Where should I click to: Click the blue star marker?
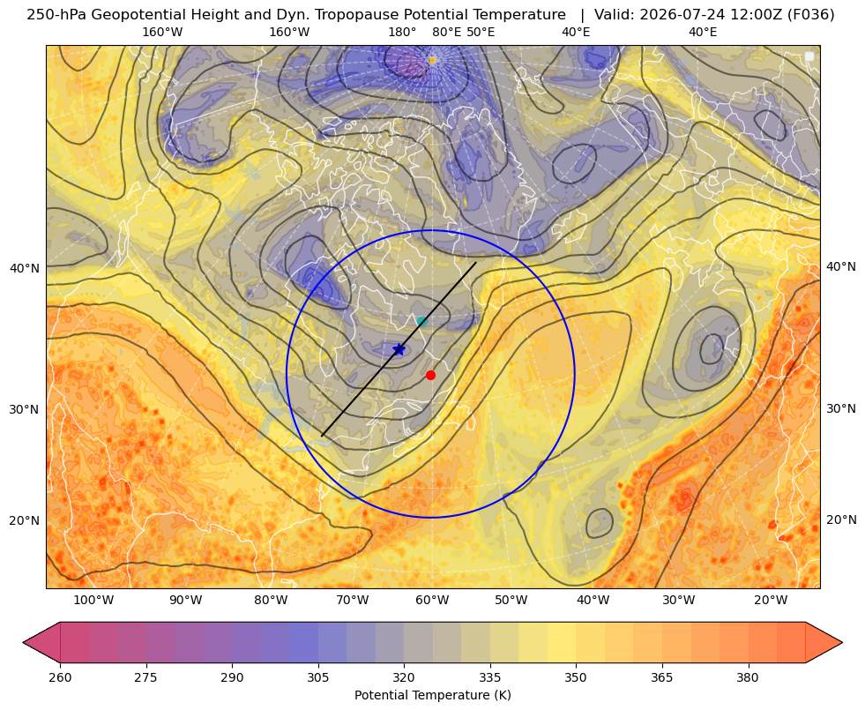click(399, 349)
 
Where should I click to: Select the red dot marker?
click(431, 375)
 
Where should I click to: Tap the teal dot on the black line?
click(422, 322)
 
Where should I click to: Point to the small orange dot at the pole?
click(432, 60)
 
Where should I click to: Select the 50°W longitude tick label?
click(511, 601)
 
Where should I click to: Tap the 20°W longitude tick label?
click(771, 601)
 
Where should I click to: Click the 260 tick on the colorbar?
click(60, 677)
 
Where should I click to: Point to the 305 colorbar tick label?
click(318, 677)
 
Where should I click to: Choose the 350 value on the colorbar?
click(576, 677)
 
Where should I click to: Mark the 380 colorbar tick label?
click(748, 677)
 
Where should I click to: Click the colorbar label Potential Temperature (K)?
click(432, 695)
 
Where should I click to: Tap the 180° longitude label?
click(402, 32)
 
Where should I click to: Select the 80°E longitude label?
click(446, 32)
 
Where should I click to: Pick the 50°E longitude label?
click(481, 32)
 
